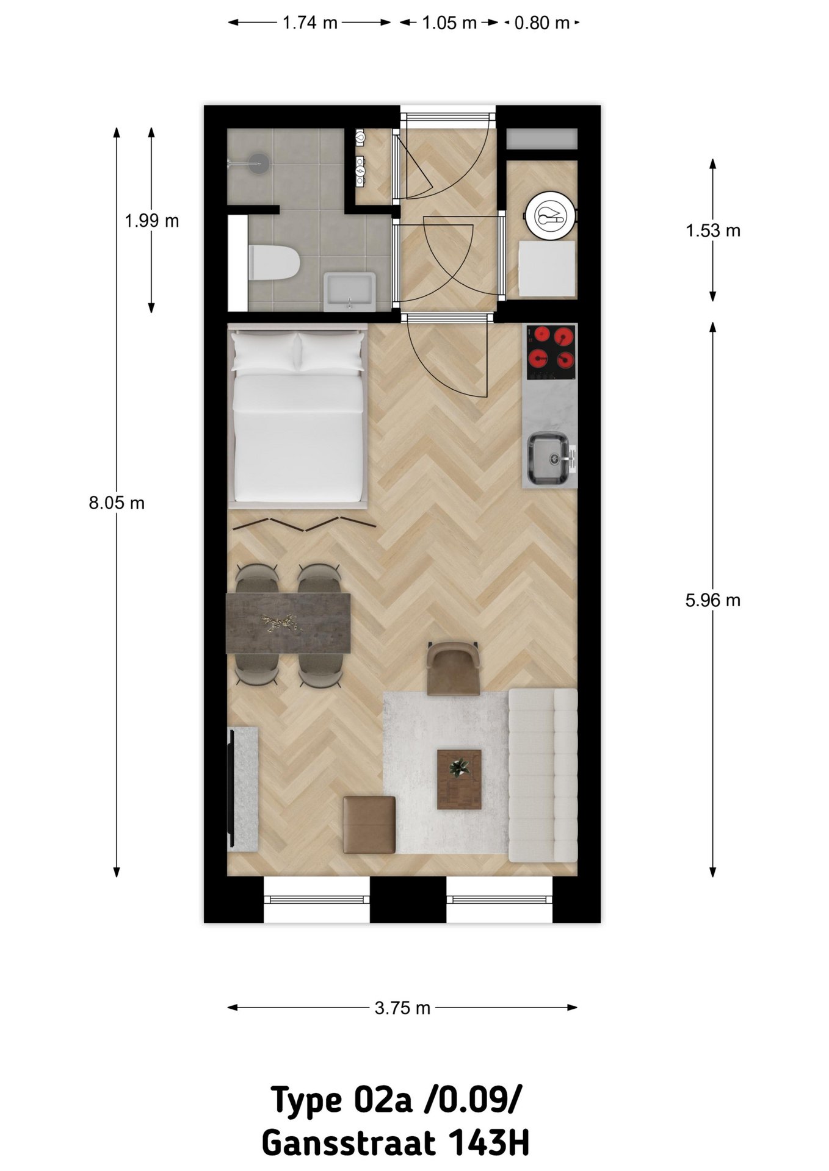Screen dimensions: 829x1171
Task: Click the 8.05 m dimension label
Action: coord(117,503)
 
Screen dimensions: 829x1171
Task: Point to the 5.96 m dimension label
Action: coord(712,600)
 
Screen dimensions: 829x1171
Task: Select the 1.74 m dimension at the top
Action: coord(310,23)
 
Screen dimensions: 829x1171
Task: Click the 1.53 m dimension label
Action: coord(712,231)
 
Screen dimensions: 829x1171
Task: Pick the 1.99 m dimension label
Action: coord(152,221)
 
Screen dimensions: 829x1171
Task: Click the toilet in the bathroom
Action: coord(273,262)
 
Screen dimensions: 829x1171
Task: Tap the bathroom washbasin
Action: coord(349,292)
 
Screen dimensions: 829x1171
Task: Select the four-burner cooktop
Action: coord(551,352)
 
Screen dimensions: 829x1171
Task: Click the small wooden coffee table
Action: coord(459,779)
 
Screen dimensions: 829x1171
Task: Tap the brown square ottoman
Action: coord(369,825)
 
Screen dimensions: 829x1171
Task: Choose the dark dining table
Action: coord(288,623)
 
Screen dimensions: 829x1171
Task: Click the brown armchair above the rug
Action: coord(454,668)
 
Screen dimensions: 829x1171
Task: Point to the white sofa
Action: coord(543,775)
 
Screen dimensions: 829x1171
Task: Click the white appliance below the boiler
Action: coord(546,268)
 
